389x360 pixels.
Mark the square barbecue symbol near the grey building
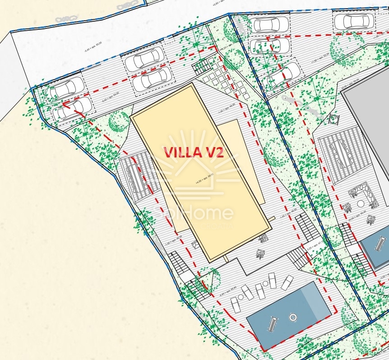[x=334, y=119]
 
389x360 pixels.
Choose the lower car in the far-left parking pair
[x=74, y=108]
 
